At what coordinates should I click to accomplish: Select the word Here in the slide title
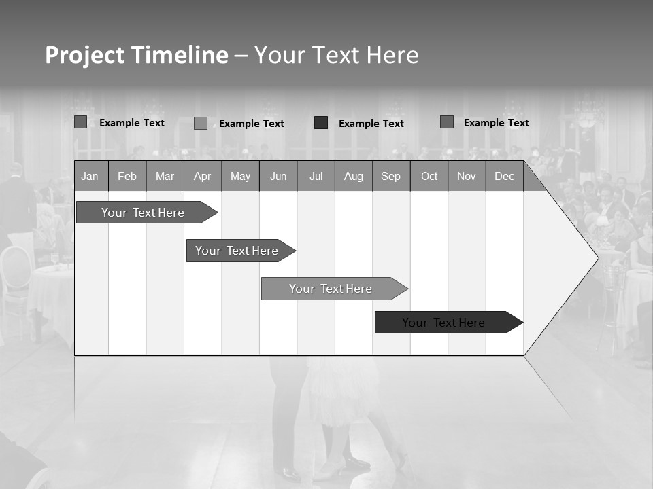coord(392,56)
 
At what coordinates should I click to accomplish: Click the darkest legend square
coord(321,123)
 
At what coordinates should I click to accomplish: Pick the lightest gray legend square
coord(201,123)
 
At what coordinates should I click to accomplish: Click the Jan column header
coord(90,177)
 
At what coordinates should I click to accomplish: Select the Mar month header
coord(165,177)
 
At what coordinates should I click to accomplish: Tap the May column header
coord(240,177)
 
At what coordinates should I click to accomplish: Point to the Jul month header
coord(316,177)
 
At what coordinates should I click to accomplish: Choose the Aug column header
coord(353,177)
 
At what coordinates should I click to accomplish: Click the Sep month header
coord(390,177)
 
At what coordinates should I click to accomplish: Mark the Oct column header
coord(429,177)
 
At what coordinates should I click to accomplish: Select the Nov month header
coord(467,177)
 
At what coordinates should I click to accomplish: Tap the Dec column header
coord(504,177)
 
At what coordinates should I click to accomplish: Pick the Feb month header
coord(127,177)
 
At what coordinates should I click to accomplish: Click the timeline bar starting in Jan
coord(143,213)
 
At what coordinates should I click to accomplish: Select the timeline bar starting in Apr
coord(237,251)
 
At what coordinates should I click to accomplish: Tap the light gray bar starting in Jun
coord(331,289)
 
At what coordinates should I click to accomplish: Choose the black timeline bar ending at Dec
coord(443,323)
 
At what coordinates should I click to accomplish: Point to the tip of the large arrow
coord(597,257)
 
